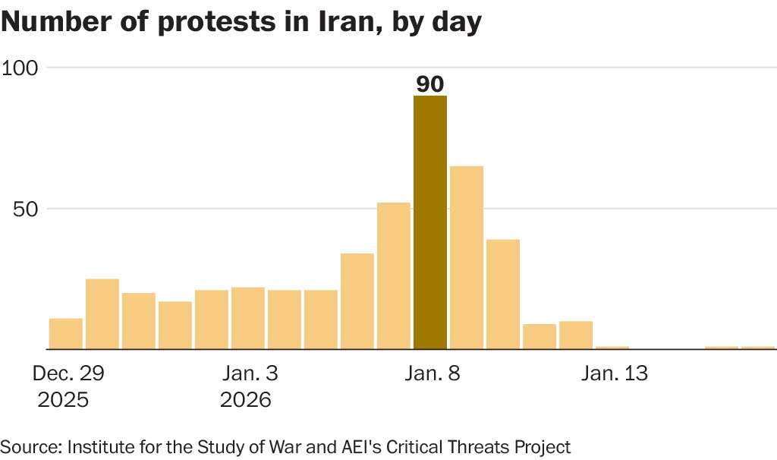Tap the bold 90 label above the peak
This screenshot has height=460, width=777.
click(x=430, y=84)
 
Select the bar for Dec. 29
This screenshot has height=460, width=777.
click(x=66, y=334)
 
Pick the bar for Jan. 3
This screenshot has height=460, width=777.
click(x=248, y=318)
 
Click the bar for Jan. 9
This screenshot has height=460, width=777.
click(x=467, y=257)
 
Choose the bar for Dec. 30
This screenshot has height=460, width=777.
click(x=102, y=314)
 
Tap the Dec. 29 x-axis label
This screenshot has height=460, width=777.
click(x=68, y=373)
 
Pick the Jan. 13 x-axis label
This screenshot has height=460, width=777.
click(x=615, y=373)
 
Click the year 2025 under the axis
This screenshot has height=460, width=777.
click(x=63, y=399)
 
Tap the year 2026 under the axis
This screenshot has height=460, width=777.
click(x=245, y=399)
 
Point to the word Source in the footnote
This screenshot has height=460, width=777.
click(x=29, y=446)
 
